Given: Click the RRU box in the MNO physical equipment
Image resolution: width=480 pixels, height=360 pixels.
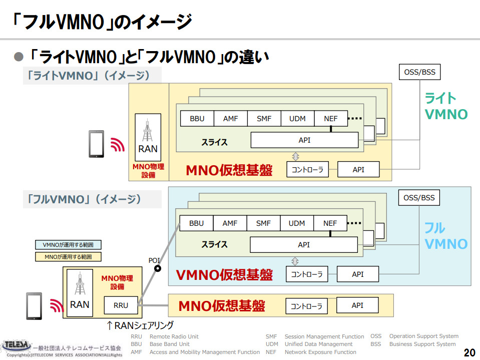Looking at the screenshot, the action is tap(121, 305).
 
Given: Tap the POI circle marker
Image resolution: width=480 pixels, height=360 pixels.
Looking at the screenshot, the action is tap(157, 268).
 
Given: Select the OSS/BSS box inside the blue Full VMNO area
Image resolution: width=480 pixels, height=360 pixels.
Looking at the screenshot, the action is tap(419, 198).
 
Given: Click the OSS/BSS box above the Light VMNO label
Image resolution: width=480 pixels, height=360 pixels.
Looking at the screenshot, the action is tap(420, 72).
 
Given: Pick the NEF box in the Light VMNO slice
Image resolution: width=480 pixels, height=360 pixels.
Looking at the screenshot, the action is tap(331, 119).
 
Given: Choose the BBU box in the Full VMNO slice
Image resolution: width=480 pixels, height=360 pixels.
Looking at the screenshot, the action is tap(197, 223).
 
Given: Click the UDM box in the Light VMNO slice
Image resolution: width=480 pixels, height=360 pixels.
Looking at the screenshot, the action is tap(297, 119).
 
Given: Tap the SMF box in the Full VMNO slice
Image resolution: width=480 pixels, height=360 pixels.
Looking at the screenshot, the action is tap(263, 223).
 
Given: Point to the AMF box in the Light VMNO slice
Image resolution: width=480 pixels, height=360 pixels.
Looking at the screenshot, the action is tap(231, 119).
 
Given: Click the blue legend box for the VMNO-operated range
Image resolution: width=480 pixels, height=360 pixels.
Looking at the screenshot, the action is tap(68, 245).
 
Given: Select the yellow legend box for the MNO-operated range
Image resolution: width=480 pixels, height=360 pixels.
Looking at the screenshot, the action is tap(68, 257).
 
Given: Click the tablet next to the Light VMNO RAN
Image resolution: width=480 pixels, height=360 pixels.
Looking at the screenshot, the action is tap(97, 144).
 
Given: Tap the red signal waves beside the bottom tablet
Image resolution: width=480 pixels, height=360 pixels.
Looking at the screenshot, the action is tap(57, 305).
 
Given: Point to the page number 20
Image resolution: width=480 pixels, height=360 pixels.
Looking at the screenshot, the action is tap(469, 352).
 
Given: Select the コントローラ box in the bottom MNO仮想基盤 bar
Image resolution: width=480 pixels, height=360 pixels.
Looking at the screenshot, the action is tap(306, 306).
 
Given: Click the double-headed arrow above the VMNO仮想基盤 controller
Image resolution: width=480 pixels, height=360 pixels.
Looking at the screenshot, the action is tap(295, 261).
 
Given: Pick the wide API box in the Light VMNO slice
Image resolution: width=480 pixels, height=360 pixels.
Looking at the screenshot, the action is tap(305, 140).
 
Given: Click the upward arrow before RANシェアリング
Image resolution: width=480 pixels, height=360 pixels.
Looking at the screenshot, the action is tap(110, 325).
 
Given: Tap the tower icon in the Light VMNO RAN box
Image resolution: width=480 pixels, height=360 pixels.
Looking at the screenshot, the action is tap(148, 130).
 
